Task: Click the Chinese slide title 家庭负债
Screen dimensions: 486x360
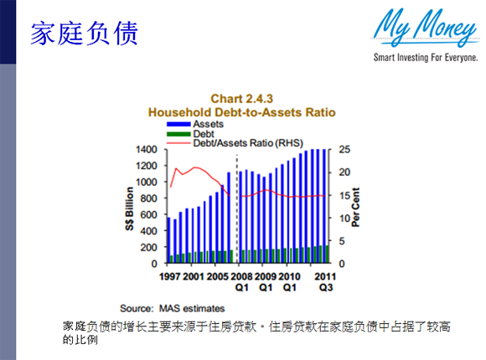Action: click(x=84, y=33)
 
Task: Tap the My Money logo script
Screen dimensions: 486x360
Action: click(x=426, y=28)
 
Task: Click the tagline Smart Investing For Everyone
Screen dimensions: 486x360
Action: click(x=426, y=57)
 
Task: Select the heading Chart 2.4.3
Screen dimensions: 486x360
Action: click(x=242, y=99)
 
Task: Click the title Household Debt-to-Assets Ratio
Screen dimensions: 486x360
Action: click(x=242, y=112)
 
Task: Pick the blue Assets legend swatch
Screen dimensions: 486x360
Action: click(x=178, y=124)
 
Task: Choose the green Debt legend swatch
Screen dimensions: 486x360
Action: click(x=178, y=134)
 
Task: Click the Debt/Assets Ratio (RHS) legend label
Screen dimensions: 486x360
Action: click(x=248, y=143)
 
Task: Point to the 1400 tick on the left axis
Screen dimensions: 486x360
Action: click(x=147, y=150)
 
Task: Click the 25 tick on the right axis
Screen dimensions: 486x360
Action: click(x=344, y=150)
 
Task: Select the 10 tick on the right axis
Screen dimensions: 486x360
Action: click(x=344, y=219)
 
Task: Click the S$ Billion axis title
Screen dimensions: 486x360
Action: click(x=129, y=208)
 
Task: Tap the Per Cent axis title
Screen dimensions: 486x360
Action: click(x=355, y=207)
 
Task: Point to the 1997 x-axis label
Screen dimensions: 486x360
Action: click(x=169, y=276)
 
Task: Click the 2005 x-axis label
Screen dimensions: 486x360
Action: click(x=217, y=276)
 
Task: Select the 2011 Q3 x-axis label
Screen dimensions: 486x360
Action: click(x=325, y=282)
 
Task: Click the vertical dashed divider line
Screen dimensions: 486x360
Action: click(x=237, y=208)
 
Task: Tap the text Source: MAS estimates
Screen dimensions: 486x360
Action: click(x=173, y=309)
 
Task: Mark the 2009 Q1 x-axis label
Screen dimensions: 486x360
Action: click(x=266, y=282)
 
